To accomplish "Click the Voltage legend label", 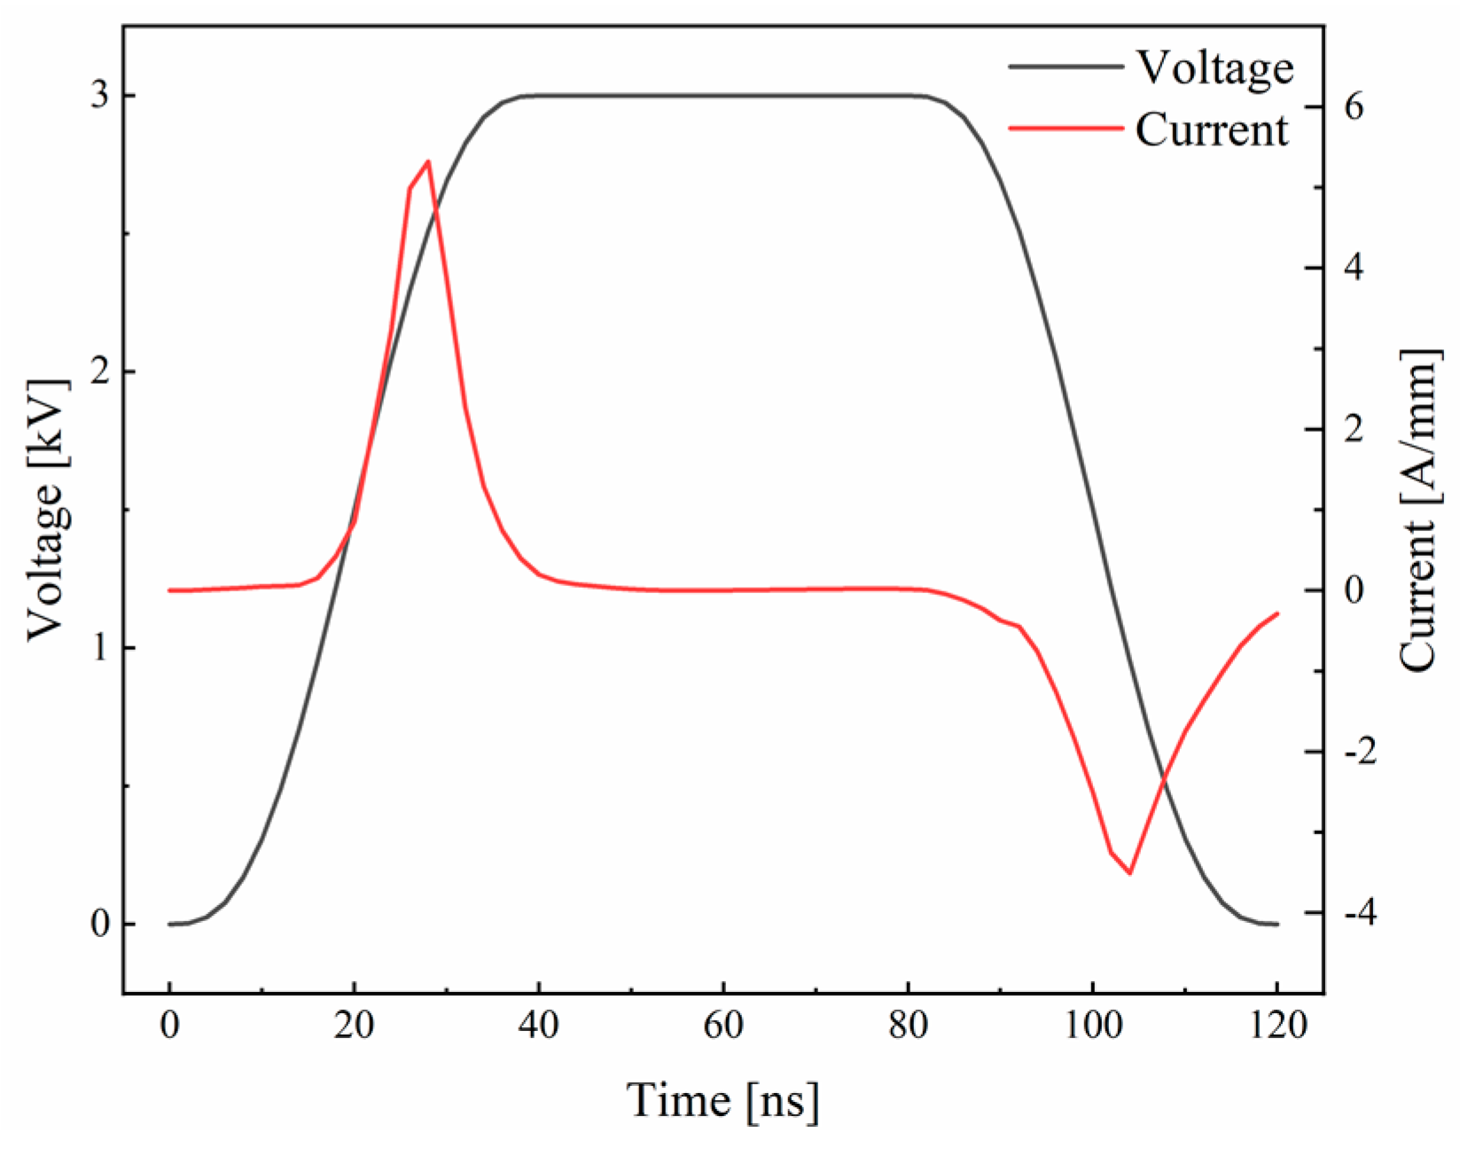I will tap(1214, 68).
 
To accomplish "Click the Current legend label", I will tap(1211, 130).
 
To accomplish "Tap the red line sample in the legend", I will tap(1066, 129).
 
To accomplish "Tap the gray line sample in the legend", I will tap(1066, 66).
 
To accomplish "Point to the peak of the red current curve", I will tap(428, 161).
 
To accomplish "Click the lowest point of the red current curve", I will tap(1129, 873).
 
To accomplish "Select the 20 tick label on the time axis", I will tap(354, 1026).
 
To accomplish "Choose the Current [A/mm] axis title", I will tap(1417, 510).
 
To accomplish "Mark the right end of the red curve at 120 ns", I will tap(1277, 613).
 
